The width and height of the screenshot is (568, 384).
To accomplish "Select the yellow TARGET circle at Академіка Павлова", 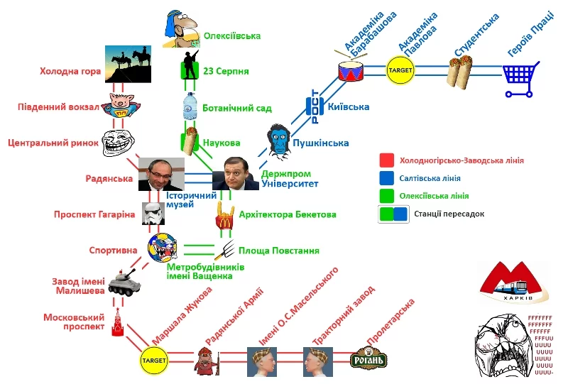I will pos(400,70).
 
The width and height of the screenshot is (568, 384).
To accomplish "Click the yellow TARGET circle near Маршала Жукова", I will pos(154,360).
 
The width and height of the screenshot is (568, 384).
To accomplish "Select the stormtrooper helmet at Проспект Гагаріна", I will pos(153,214).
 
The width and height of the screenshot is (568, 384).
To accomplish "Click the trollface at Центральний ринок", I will pos(118,143).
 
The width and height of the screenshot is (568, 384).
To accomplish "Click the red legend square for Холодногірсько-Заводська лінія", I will pos(387,160).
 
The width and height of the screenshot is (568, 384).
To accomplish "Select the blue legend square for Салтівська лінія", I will pos(387,177).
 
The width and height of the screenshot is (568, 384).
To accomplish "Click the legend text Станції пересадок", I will pos(450,213).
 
